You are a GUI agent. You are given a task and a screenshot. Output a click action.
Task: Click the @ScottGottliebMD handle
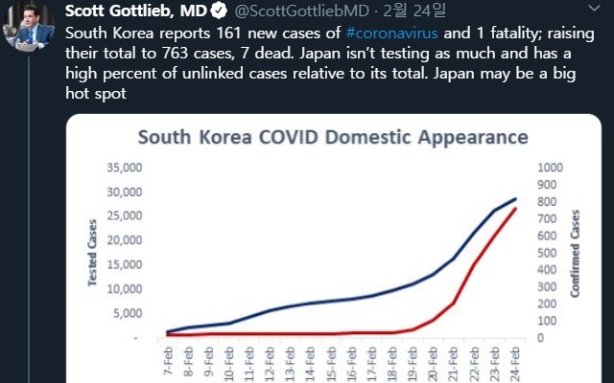tap(303, 11)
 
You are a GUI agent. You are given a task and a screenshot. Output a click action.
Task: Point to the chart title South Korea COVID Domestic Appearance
tap(333, 136)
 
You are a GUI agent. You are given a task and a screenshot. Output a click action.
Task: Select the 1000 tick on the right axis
tap(552, 167)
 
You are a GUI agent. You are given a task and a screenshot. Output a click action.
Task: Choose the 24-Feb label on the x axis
tap(516, 365)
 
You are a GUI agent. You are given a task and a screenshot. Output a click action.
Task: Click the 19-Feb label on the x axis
tap(414, 365)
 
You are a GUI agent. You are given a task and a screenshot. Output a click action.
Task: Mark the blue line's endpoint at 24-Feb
tap(516, 199)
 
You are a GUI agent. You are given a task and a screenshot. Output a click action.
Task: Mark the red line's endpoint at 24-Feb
tap(516, 209)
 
